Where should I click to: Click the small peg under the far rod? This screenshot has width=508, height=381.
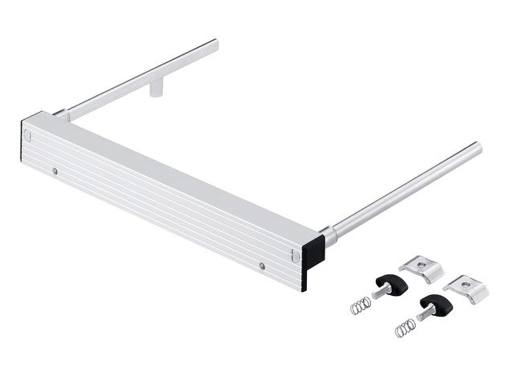156,90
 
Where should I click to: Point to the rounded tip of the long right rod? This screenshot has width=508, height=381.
477,148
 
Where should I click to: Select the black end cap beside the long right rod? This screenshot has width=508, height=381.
313,253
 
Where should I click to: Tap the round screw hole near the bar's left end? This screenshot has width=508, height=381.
55,171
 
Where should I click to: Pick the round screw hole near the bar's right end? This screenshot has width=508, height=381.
262,266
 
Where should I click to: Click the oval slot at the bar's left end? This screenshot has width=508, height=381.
27,135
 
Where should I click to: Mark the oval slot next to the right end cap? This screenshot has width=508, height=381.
295,256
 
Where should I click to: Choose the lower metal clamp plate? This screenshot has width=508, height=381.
466,288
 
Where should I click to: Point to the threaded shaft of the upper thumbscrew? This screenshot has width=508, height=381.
381,292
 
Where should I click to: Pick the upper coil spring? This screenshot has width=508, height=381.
360,305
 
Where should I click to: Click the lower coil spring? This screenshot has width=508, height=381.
404,328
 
